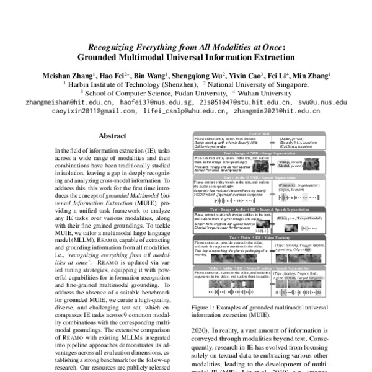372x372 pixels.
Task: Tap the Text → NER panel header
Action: click(x=259, y=133)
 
